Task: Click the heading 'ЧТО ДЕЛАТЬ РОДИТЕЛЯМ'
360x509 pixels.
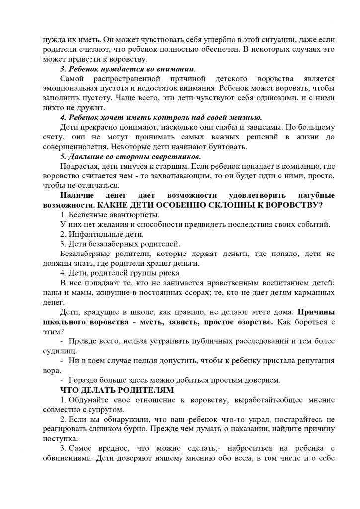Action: tap(117, 390)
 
